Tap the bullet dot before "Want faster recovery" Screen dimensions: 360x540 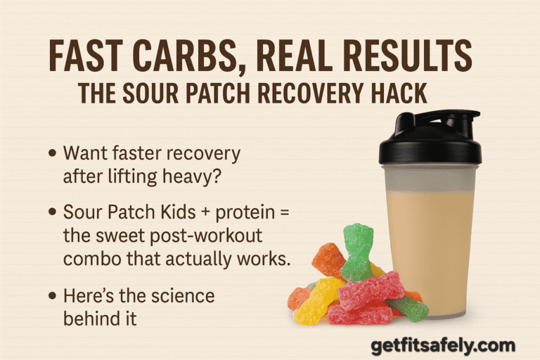[x=53, y=153]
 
